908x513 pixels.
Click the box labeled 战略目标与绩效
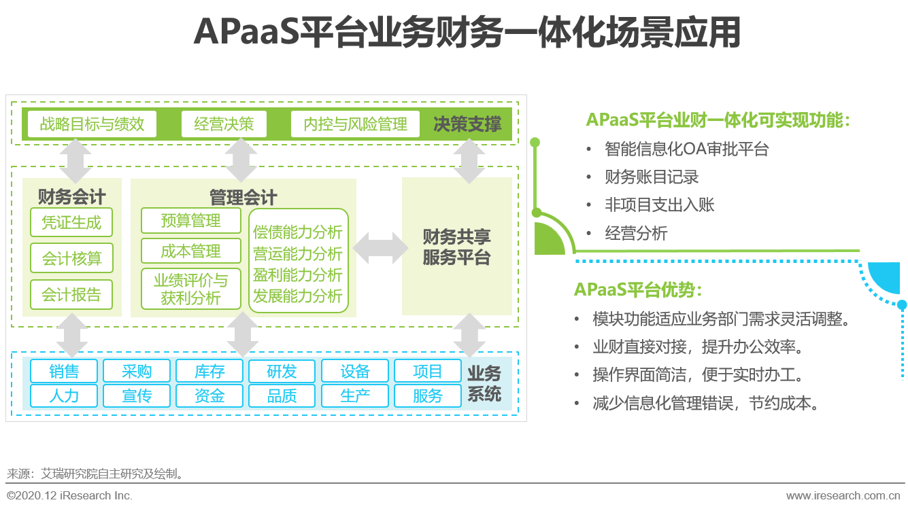[x=92, y=124]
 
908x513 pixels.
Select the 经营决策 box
[x=224, y=124]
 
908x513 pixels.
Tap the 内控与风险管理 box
[x=355, y=124]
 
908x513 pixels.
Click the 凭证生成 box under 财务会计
[x=71, y=222]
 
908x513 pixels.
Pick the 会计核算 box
[x=71, y=259]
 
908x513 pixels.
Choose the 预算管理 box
[x=191, y=221]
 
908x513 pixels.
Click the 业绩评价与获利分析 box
[x=191, y=289]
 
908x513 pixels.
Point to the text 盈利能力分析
[x=298, y=275]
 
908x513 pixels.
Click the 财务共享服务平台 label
[x=456, y=247]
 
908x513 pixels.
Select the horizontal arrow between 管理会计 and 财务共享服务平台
[x=378, y=247]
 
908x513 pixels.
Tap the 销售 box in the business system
[x=64, y=372]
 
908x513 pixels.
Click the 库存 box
[x=209, y=372]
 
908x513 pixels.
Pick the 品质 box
[x=282, y=395]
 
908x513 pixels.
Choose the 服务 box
[x=428, y=395]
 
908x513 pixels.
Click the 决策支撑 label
[x=468, y=124]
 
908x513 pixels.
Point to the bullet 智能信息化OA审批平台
[x=687, y=149]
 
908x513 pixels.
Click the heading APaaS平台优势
[x=637, y=289]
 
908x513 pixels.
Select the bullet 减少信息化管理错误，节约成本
[x=705, y=403]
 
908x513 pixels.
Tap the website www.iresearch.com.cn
[x=844, y=496]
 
